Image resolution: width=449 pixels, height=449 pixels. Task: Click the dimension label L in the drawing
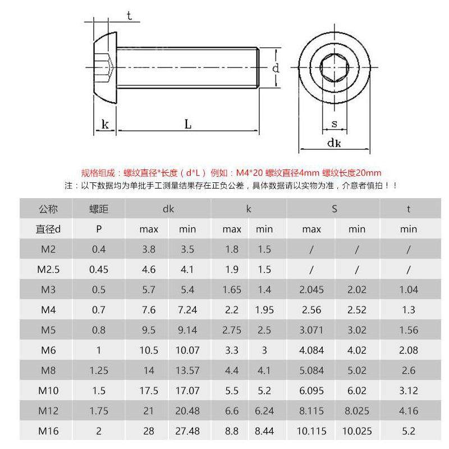pos(188,124)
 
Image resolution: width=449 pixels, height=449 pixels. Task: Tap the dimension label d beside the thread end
pos(276,68)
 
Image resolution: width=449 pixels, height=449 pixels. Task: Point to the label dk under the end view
pos(335,143)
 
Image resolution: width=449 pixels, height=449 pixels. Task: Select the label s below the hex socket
pos(334,123)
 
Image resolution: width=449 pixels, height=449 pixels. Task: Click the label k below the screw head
pos(105,124)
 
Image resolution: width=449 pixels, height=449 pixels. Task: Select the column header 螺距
pos(99,209)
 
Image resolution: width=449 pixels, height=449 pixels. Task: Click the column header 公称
pos(48,209)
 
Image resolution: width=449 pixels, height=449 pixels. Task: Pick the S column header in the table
pos(334,209)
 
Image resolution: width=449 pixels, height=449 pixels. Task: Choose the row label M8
pos(48,370)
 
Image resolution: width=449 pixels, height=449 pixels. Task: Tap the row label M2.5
pos(48,269)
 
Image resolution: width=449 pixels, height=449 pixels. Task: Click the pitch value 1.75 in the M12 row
pos(99,411)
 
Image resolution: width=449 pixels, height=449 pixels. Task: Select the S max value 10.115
pos(311,431)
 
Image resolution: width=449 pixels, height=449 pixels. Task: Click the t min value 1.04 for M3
pos(408,290)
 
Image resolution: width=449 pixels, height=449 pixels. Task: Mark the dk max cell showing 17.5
pos(149,391)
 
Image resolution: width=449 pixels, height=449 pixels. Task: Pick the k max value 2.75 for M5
pos(231,330)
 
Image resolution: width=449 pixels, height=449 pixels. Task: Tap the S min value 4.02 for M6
pos(357,350)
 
